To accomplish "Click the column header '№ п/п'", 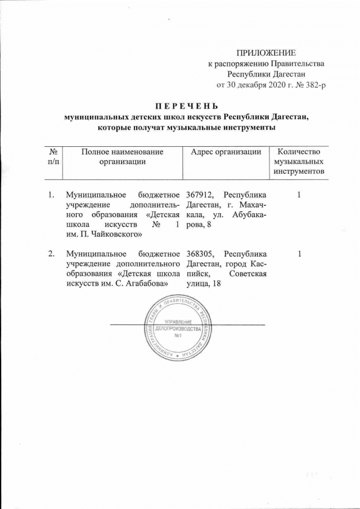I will point(52,156).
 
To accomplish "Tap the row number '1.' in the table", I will point(51,195).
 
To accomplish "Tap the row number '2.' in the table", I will point(51,253).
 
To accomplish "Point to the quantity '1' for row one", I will point(299,195).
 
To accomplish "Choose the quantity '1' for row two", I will point(299,253).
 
